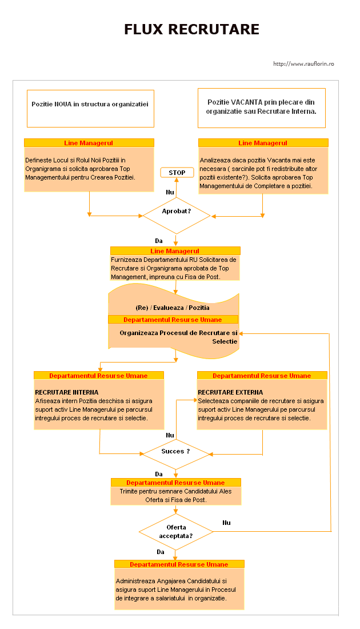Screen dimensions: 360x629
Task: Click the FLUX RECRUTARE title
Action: (x=191, y=29)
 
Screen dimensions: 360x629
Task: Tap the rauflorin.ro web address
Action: (x=303, y=64)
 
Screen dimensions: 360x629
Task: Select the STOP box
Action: (x=177, y=173)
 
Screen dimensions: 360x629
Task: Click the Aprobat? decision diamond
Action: (x=177, y=216)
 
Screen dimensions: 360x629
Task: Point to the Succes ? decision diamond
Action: (x=175, y=454)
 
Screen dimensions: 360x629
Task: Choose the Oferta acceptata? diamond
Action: (x=175, y=532)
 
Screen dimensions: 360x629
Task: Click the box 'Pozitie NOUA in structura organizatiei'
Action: (x=91, y=108)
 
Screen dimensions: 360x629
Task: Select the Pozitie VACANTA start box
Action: (x=261, y=108)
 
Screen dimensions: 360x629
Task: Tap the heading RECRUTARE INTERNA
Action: (x=66, y=392)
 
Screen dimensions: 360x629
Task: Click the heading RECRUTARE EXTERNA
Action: (x=230, y=392)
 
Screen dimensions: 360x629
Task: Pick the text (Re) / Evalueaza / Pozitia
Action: (x=173, y=308)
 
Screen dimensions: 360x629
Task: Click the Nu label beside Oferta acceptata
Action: (x=226, y=523)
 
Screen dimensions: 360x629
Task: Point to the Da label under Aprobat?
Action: (x=159, y=241)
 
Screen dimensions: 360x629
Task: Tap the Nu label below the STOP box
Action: (x=170, y=192)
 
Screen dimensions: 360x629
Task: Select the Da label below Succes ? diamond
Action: (x=159, y=474)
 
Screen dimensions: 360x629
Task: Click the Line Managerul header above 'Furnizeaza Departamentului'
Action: (x=175, y=250)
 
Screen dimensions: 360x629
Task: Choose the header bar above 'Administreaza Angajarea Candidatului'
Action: (x=179, y=564)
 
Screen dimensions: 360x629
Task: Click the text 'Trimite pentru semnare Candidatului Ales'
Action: (x=175, y=491)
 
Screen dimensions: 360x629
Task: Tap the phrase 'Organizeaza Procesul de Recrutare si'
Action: (x=178, y=333)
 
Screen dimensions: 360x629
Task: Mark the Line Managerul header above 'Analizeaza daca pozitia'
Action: (x=263, y=143)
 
